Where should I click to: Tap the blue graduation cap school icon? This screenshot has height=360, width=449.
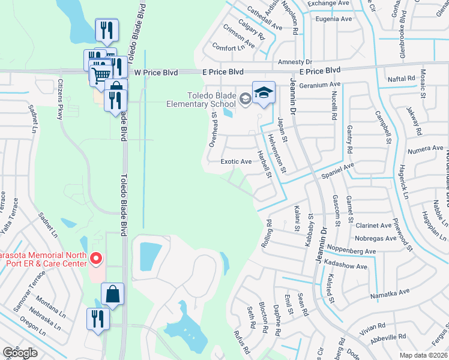[264, 92]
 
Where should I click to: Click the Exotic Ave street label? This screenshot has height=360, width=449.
[236, 161]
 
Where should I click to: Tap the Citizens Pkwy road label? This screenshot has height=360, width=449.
[61, 100]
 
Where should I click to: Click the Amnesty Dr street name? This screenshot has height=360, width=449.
[295, 62]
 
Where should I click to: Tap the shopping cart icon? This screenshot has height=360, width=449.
[101, 74]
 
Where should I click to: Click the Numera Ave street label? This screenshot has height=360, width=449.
[409, 148]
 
